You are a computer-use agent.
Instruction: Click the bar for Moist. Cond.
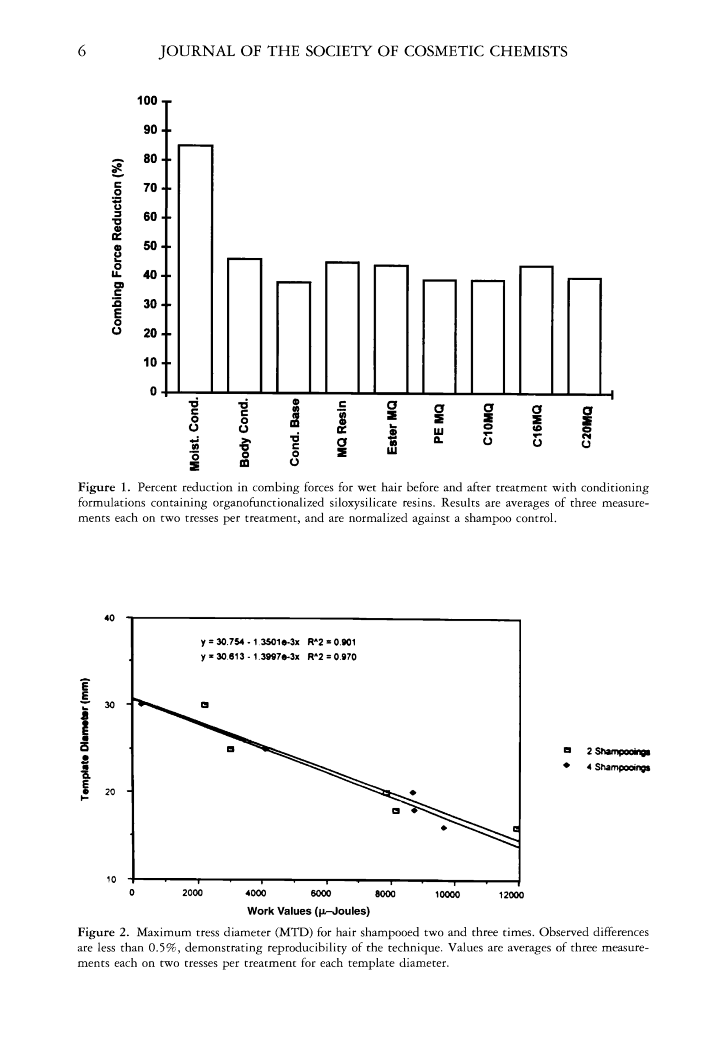pyautogui.click(x=195, y=268)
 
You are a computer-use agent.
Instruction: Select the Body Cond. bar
pyautogui.click(x=244, y=325)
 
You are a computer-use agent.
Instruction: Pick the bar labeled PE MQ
pyautogui.click(x=440, y=336)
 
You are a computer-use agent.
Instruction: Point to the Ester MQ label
pyautogui.click(x=391, y=426)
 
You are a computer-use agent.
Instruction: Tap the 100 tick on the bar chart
pyautogui.click(x=147, y=101)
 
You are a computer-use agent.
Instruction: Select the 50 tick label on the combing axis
pyautogui.click(x=150, y=247)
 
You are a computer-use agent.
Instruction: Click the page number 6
pyautogui.click(x=82, y=51)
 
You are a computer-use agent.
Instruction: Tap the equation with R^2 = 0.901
pyautogui.click(x=278, y=642)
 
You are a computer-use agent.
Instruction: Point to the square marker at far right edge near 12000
pyautogui.click(x=516, y=829)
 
